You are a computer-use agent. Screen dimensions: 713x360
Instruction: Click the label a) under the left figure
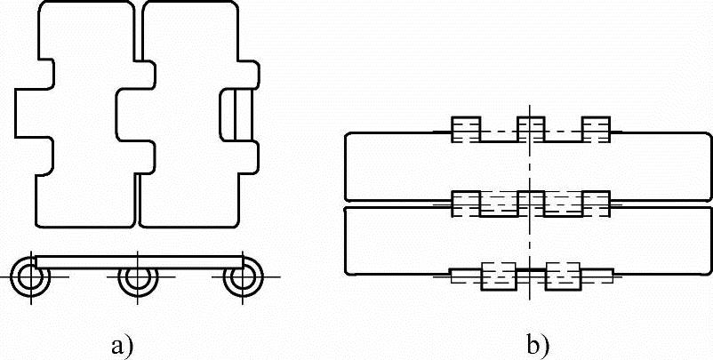(x=122, y=344)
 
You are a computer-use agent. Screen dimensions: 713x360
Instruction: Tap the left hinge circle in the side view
(x=32, y=277)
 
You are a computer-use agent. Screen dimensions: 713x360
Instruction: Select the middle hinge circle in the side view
(x=136, y=277)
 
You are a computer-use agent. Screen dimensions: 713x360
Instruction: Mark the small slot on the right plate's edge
(x=235, y=113)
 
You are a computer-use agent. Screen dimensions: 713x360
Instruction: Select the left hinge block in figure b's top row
(x=466, y=131)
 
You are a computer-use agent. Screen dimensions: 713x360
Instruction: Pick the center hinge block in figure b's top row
(x=530, y=131)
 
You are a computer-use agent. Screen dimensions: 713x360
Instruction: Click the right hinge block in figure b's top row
(x=596, y=131)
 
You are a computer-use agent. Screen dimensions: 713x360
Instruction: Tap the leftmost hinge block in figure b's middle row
(x=466, y=204)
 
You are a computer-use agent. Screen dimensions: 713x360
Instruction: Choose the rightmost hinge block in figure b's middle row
(x=596, y=204)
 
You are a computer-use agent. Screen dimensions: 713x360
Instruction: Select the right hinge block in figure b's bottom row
(x=563, y=276)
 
